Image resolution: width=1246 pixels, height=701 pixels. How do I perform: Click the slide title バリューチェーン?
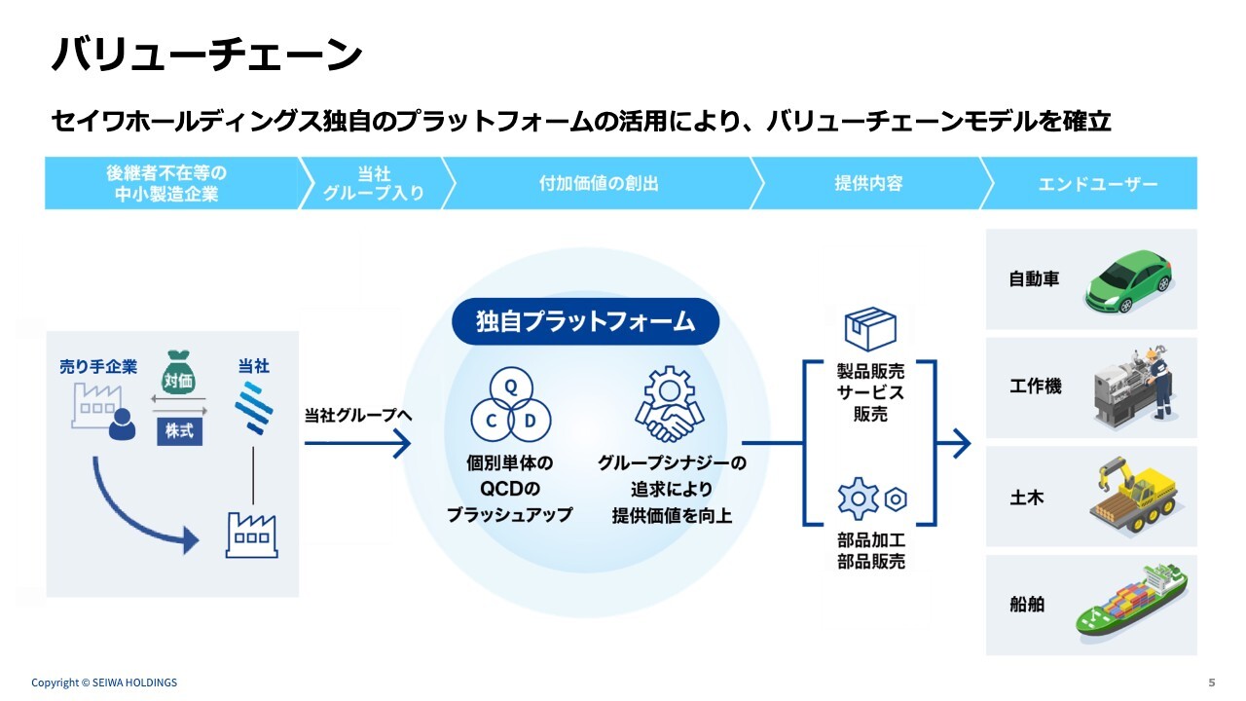coord(206,55)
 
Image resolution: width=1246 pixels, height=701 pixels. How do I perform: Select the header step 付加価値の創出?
coord(599,183)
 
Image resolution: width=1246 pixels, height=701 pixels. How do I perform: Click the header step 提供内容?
coord(868,183)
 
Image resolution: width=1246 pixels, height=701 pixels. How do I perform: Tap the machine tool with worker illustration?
coord(1134,387)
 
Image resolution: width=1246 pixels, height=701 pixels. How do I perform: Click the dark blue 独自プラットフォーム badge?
coord(585,321)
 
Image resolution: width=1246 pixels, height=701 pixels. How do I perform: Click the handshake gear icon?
coord(670,406)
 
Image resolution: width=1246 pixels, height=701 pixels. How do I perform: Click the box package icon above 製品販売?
coord(869,329)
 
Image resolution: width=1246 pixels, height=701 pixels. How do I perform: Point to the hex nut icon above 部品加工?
coord(896,499)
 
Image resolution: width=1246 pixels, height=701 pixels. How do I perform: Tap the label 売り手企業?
coord(98,367)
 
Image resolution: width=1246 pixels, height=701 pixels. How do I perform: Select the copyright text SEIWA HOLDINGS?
coord(104,683)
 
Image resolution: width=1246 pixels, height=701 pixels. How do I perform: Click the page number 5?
coord(1211,682)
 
